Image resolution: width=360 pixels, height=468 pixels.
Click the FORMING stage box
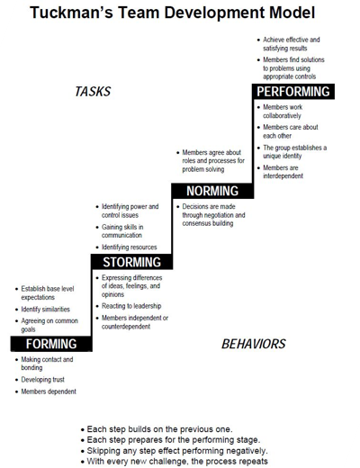pyautogui.click(x=51, y=344)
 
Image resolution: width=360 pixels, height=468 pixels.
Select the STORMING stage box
pyautogui.click(x=132, y=262)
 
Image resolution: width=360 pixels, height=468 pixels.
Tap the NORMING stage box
pyautogui.click(x=212, y=191)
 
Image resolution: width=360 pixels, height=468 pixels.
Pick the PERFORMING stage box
pyautogui.click(x=293, y=92)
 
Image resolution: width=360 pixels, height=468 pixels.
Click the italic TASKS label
pyautogui.click(x=93, y=92)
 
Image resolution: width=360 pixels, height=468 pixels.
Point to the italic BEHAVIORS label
pyautogui.click(x=254, y=344)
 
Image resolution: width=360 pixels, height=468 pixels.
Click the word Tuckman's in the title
pyautogui.click(x=71, y=13)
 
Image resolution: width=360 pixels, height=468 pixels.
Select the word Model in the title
pyautogui.click(x=292, y=13)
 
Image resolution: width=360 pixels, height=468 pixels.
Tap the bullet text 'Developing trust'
pyautogui.click(x=43, y=380)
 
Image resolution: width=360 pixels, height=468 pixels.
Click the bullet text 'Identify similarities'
pyautogui.click(x=46, y=310)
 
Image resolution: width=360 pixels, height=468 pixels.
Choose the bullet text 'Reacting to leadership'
pyautogui.click(x=131, y=306)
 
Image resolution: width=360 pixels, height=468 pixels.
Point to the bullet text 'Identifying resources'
pyautogui.click(x=130, y=247)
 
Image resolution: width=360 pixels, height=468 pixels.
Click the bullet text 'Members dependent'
pyautogui.click(x=49, y=391)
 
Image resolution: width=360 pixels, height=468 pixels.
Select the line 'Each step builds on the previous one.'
pyautogui.click(x=159, y=429)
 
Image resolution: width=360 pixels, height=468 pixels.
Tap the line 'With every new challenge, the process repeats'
pyautogui.click(x=177, y=461)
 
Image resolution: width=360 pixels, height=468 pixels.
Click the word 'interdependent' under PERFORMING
pyautogui.click(x=283, y=175)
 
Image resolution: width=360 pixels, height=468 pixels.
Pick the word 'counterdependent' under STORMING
pyautogui.click(x=126, y=327)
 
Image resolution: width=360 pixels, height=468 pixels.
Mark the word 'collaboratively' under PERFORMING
pyautogui.click(x=282, y=116)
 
